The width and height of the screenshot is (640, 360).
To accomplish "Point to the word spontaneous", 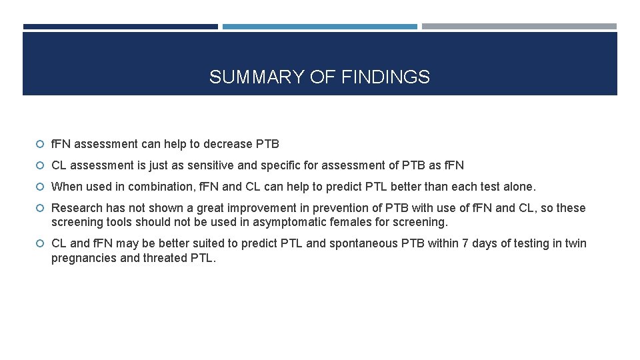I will coord(363,243).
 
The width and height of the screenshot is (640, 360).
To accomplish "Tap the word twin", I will coord(575,243).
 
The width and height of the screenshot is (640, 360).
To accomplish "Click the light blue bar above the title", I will coord(320,27).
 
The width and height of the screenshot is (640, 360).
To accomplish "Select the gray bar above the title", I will coord(519,27).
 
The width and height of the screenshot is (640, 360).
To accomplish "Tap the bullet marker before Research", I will coord(41,208).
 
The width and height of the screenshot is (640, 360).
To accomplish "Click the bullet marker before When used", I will coord(41,187).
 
